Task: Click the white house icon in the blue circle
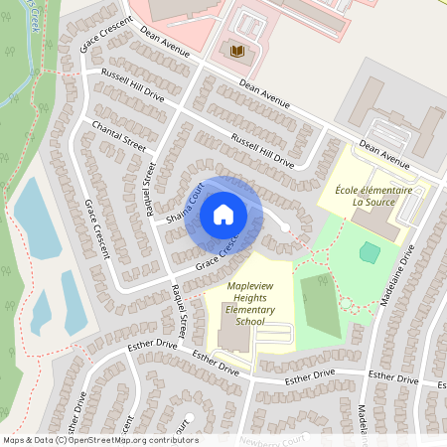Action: click(223, 214)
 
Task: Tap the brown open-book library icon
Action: click(236, 51)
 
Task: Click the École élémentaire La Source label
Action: click(366, 194)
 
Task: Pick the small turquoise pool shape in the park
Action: click(369, 252)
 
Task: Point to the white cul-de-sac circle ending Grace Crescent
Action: click(285, 228)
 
